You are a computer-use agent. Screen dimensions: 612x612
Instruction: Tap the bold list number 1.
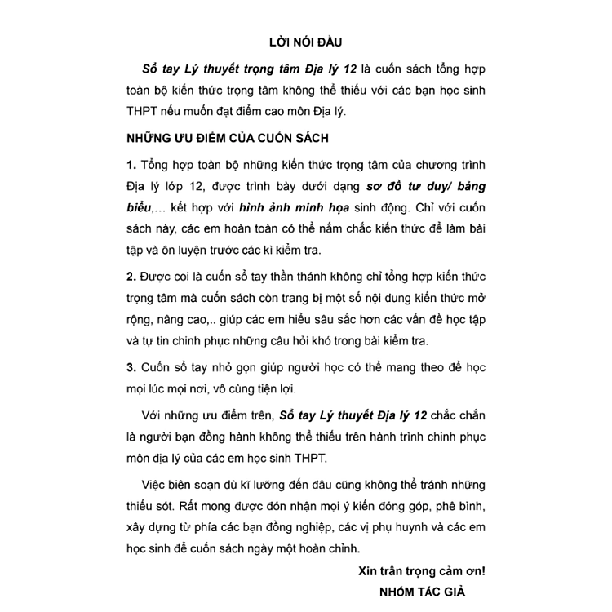(131, 165)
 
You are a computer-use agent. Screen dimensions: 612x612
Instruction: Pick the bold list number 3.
(131, 367)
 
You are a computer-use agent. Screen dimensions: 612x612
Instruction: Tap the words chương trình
(450, 165)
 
